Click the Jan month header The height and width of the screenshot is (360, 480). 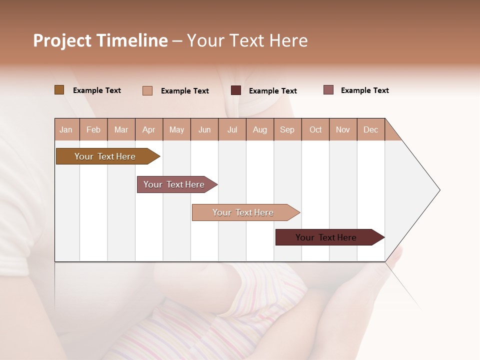tap(66, 129)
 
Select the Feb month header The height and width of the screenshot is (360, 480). tap(93, 129)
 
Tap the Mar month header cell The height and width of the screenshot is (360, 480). tap(121, 129)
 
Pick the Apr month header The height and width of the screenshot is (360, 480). tap(149, 129)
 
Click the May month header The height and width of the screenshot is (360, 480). tap(176, 129)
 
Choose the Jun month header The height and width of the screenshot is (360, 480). tap(204, 129)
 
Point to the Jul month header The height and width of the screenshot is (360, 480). tap(232, 129)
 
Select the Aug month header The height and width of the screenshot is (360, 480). tap(260, 129)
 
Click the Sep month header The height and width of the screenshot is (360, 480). tap(287, 129)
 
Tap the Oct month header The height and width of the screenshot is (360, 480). tap(315, 129)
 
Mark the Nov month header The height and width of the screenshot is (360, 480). tap(343, 129)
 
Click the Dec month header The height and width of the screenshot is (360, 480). tap(370, 129)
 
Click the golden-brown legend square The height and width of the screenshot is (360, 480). tap(59, 90)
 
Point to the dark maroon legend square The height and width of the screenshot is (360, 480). tap(236, 90)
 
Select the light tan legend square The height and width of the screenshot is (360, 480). tap(147, 90)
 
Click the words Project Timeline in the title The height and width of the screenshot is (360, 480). tap(100, 40)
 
